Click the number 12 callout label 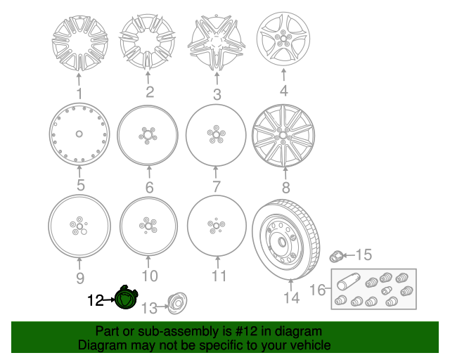click(x=95, y=300)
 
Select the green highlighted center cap click(x=126, y=297)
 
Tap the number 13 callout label click(x=149, y=309)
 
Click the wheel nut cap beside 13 click(x=177, y=304)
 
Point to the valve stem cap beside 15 click(x=336, y=256)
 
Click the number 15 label click(x=364, y=255)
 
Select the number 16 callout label click(x=317, y=290)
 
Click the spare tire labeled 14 click(x=287, y=240)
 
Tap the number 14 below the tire click(x=292, y=297)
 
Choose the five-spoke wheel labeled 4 click(x=283, y=39)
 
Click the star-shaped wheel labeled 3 click(x=217, y=43)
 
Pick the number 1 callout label click(x=79, y=94)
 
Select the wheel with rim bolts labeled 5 click(x=79, y=134)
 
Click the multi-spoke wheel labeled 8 click(x=283, y=136)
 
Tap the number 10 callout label click(x=150, y=276)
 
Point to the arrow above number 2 click(x=148, y=77)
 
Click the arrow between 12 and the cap click(x=109, y=300)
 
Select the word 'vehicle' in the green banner click(x=311, y=345)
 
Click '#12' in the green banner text click(x=246, y=331)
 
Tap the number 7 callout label click(x=217, y=186)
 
